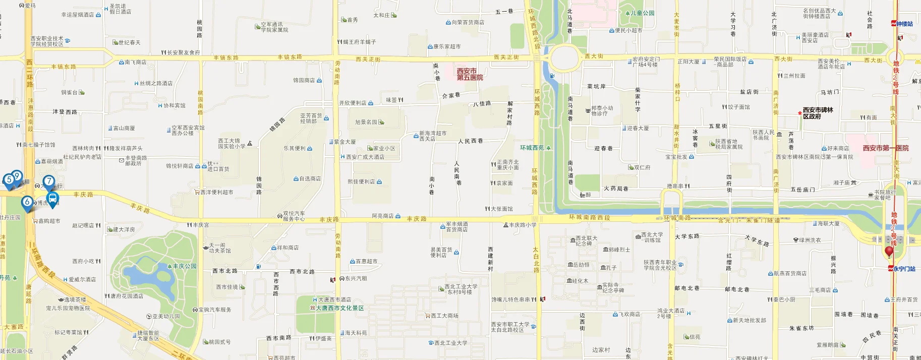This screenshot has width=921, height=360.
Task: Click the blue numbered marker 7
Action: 49,182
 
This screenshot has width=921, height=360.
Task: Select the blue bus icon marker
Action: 52,199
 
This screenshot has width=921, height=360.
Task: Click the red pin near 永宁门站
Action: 889,251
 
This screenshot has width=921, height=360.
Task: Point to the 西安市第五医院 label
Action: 470,74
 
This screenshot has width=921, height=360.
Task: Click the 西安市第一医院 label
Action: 885,148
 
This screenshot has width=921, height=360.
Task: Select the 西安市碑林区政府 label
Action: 818,113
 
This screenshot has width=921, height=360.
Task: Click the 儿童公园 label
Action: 642,13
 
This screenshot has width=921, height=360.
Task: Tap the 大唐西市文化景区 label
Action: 339,308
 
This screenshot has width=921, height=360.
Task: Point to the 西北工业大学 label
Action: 450,343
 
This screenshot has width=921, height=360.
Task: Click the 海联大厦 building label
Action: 828,223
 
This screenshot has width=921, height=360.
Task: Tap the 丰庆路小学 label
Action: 523,225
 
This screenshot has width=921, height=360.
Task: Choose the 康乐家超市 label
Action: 446,46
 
